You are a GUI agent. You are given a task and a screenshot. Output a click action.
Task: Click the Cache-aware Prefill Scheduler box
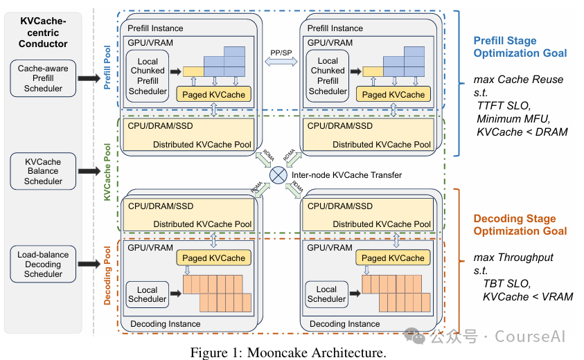[43, 79]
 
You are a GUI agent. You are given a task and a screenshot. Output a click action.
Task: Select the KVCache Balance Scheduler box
[43, 172]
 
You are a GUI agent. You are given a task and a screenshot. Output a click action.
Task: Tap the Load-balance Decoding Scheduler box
[43, 264]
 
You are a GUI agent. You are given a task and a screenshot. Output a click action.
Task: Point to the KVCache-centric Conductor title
[44, 33]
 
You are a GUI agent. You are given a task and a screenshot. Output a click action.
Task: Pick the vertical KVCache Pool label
[107, 173]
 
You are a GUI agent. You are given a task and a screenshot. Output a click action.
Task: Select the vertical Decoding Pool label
[107, 275]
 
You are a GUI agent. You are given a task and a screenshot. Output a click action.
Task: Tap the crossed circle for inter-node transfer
[278, 175]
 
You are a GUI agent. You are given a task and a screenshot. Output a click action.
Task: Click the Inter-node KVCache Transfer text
[346, 175]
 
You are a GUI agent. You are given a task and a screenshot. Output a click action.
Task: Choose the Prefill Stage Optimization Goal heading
[520, 46]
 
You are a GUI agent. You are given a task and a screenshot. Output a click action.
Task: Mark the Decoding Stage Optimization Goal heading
[520, 225]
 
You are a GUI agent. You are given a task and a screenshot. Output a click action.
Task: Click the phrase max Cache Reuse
[518, 80]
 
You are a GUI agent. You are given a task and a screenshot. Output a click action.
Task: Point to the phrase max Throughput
[513, 258]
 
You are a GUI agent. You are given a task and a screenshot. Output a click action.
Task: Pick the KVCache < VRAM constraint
[528, 297]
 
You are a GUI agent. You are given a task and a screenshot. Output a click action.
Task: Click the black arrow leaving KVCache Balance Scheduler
[89, 171]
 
